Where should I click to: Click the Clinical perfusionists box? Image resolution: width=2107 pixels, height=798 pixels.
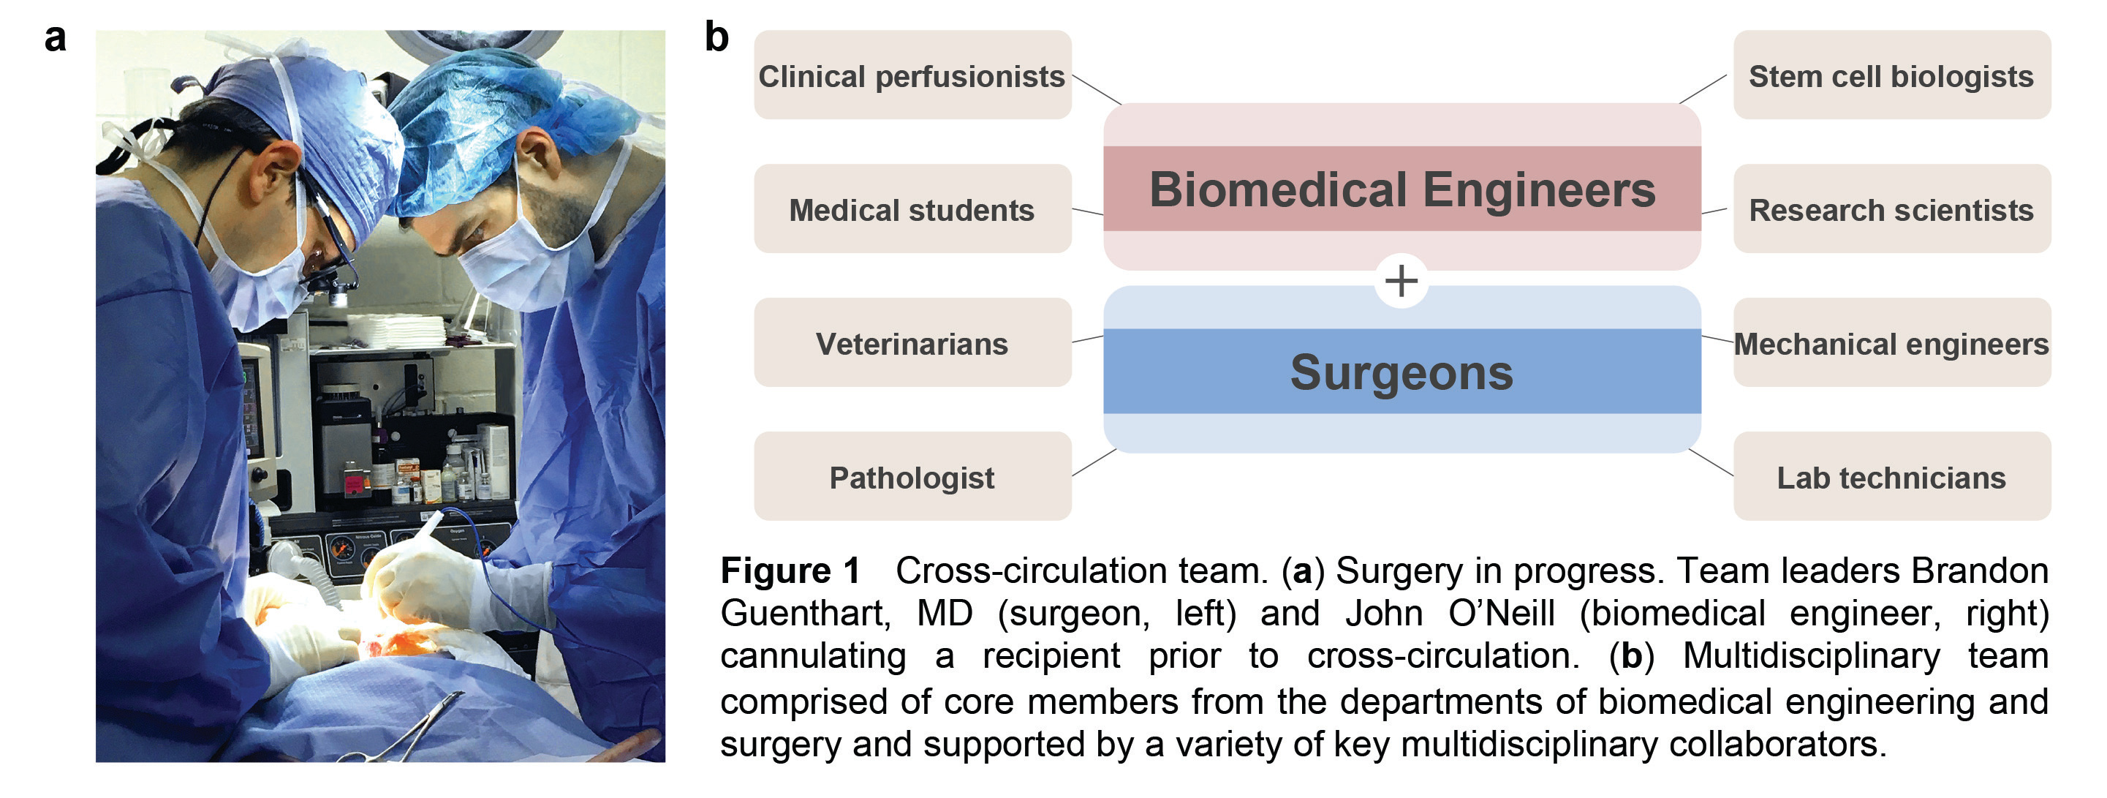point(912,75)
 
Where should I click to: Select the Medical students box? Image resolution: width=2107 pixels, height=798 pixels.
point(912,209)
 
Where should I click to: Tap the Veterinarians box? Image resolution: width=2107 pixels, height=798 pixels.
point(912,343)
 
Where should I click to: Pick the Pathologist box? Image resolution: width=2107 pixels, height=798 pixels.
point(912,477)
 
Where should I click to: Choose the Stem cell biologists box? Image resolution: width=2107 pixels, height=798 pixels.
point(1891,75)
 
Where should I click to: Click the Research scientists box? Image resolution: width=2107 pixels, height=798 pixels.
point(1891,209)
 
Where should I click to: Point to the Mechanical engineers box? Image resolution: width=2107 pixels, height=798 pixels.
point(1891,343)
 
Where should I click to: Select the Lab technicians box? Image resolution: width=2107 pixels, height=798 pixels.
point(1891,477)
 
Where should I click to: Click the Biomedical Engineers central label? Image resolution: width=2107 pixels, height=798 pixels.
point(1402,189)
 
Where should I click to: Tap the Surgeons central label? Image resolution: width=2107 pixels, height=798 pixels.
point(1402,372)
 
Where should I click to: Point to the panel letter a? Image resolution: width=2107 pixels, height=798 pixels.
point(55,37)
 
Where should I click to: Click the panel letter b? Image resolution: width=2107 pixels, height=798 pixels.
point(716,37)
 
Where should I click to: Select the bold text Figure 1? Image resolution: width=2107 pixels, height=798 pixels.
point(790,571)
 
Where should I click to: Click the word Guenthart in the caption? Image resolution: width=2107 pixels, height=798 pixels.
point(805,613)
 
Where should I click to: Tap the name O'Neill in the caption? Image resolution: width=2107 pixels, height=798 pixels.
point(1501,613)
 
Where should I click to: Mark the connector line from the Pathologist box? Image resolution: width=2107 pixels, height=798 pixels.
point(1094,462)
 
